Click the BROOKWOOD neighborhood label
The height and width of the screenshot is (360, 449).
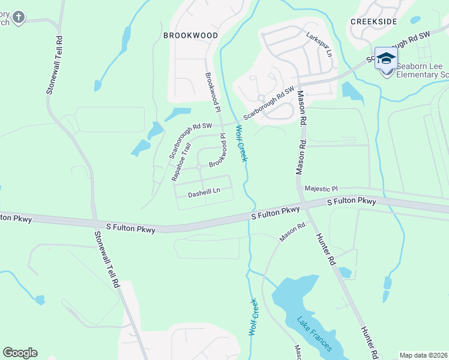pos(191,35)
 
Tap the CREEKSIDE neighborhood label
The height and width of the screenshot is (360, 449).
pos(374,21)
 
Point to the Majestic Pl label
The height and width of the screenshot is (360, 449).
pos(322,188)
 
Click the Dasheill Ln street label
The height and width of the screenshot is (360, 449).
pos(204,193)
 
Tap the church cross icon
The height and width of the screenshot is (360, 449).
pos(18,17)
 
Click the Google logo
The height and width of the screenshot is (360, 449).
pos(20,353)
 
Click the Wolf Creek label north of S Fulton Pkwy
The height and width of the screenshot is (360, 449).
pos(242,143)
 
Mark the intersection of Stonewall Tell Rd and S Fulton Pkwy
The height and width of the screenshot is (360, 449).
pos(95,223)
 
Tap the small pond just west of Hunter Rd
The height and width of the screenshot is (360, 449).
pos(345,272)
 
